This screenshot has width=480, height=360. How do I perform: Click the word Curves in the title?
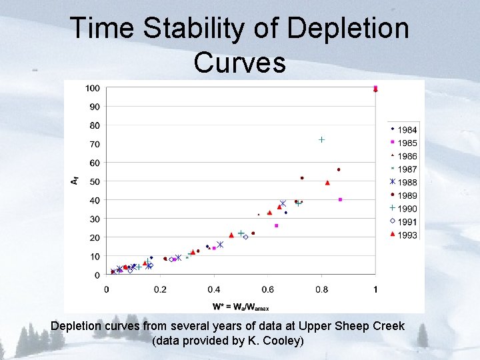tap(239, 62)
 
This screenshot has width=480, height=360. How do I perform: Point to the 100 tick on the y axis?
tap(92, 88)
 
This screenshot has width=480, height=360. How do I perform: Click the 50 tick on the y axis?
tap(94, 181)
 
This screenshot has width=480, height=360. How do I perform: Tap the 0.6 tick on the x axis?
tap(267, 289)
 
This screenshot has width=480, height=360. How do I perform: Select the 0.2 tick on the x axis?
tap(160, 289)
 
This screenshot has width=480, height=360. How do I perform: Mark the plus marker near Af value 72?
tap(321, 140)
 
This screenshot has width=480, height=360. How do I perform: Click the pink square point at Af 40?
tap(341, 199)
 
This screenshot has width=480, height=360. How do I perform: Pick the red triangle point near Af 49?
tap(327, 183)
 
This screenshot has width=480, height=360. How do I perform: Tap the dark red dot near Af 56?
tap(339, 170)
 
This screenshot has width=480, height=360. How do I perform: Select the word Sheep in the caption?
tap(341, 327)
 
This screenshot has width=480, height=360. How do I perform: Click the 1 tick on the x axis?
tap(375, 289)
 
